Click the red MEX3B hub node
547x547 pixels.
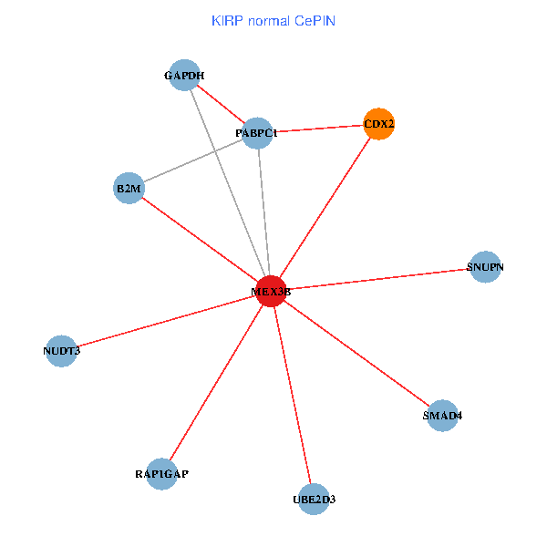tap(271, 291)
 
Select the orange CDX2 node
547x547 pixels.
tap(379, 123)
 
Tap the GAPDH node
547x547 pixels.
tap(184, 75)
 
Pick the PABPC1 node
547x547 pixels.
tap(258, 133)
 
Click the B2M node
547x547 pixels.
tap(129, 189)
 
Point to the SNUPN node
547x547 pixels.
tap(485, 267)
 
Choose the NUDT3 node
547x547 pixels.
tap(62, 350)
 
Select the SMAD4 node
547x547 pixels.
tap(442, 416)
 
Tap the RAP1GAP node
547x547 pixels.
tap(161, 474)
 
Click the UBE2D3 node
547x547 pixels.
tap(313, 499)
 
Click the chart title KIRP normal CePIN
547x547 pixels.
tap(273, 20)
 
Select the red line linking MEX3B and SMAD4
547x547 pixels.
tap(356, 354)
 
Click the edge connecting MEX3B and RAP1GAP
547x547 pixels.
tap(216, 383)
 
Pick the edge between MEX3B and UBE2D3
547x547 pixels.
tap(292, 395)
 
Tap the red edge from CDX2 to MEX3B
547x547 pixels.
tap(325, 207)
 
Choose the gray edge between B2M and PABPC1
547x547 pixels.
tap(193, 161)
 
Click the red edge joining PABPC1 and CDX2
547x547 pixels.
tap(319, 129)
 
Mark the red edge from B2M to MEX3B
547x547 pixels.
tap(200, 240)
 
